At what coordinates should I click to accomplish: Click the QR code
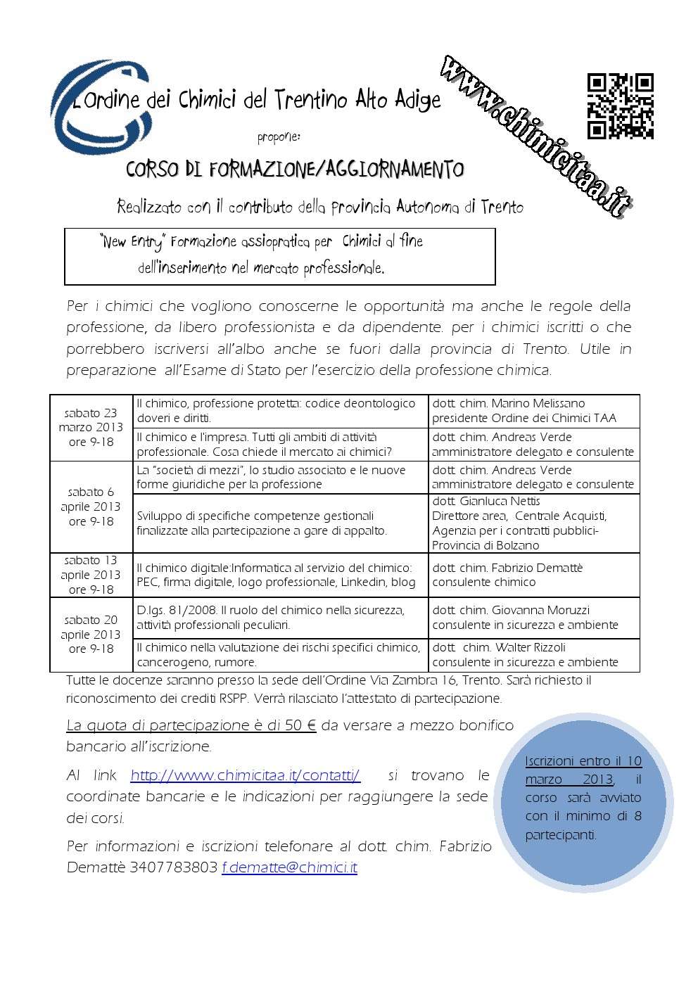(620, 106)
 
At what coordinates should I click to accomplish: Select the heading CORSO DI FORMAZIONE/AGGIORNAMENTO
(295, 170)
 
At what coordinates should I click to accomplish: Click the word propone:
(279, 136)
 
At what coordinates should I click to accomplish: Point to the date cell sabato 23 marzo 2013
(91, 427)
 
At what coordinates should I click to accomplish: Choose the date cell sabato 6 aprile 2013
(91, 507)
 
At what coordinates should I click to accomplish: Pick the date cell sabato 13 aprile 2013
(91, 575)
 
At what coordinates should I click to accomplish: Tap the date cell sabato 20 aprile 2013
(91, 635)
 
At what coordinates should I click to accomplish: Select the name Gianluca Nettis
(500, 502)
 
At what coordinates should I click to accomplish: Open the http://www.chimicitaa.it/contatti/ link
(245, 776)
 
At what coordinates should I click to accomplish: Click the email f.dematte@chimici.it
(289, 867)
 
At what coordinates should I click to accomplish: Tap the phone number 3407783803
(173, 867)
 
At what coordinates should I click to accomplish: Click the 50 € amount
(300, 725)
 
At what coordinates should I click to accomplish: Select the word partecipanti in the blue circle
(561, 835)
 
